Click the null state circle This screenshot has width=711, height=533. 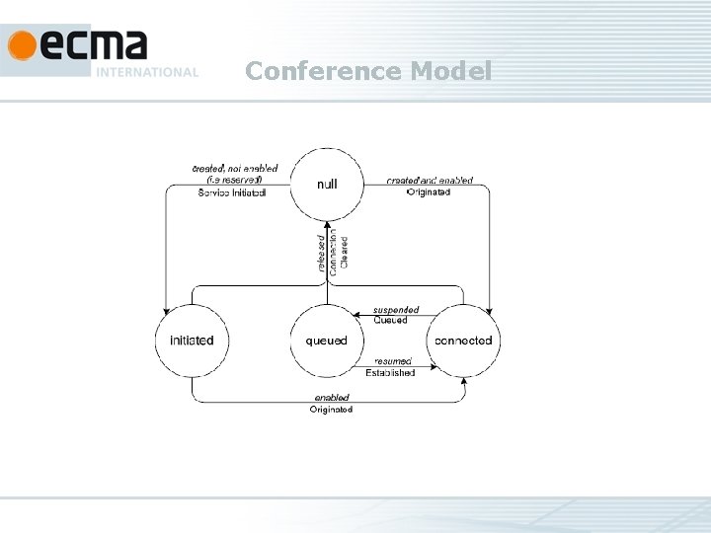(x=327, y=185)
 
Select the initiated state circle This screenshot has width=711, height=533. (x=192, y=341)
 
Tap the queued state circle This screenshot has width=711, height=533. (x=327, y=341)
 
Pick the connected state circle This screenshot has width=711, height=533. (x=464, y=341)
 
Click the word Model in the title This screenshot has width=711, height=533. (x=449, y=71)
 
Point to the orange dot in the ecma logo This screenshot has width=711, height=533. (x=21, y=45)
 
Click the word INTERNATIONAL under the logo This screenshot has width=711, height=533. (x=147, y=72)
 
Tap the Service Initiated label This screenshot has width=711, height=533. (x=232, y=192)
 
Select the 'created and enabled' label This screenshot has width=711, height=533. (x=429, y=181)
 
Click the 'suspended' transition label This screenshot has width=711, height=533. (x=395, y=310)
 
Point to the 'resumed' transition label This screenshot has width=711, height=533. (x=391, y=361)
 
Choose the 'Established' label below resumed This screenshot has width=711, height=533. (x=390, y=373)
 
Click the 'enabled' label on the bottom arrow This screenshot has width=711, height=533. (x=332, y=397)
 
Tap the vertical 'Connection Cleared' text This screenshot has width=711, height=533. (x=339, y=253)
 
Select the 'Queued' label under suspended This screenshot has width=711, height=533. (x=390, y=321)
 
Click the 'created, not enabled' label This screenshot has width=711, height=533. (x=234, y=169)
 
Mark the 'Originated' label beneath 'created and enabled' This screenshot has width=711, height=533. (x=429, y=192)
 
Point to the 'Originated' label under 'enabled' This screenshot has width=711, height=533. (x=332, y=409)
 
